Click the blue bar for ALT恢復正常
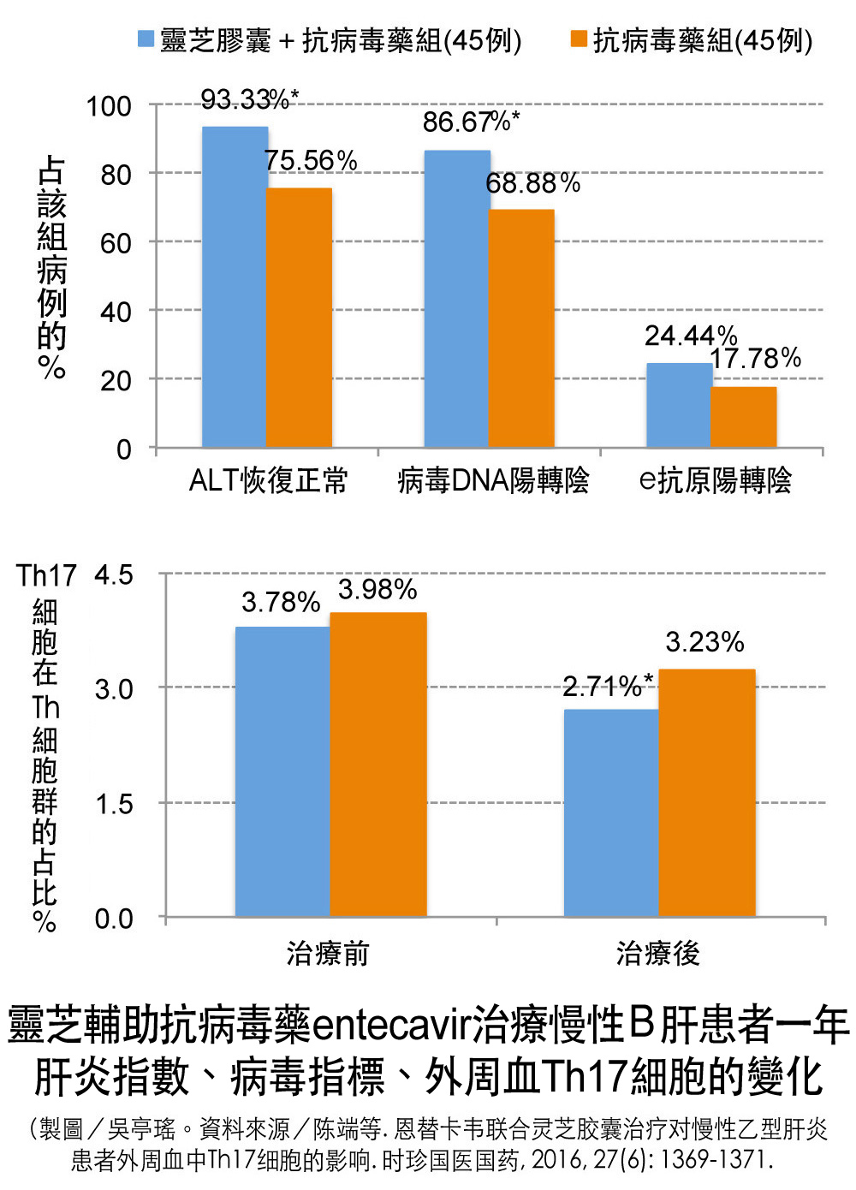coord(235,287)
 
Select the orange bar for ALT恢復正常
coord(299,318)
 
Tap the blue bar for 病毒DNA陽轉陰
coord(457,299)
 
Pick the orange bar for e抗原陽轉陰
coord(743,417)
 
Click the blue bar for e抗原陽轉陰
coord(679,405)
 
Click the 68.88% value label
coord(532,183)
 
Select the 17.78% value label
coord(756,358)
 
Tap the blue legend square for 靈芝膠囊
coord(146,39)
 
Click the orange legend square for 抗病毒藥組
coord(580,39)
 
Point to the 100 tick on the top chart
coord(109,106)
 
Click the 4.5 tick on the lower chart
coord(114,574)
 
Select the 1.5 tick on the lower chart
coord(114,804)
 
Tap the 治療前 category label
coord(328,953)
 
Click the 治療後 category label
coord(657,953)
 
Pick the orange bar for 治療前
coord(377,765)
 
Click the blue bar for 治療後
coord(611,813)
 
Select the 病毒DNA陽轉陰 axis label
coord(493,480)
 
